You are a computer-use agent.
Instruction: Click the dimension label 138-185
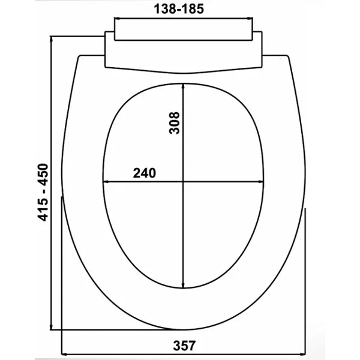(179, 9)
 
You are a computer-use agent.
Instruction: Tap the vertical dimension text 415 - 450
(43, 192)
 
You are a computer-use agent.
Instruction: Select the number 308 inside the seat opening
(174, 123)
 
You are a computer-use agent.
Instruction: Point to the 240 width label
(144, 173)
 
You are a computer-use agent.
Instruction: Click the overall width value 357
(184, 346)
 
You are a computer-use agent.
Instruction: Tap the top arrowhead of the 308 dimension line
(183, 86)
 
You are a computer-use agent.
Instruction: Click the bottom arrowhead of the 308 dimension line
(183, 285)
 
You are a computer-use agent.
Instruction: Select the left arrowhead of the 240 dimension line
(106, 182)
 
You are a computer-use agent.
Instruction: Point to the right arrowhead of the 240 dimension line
(261, 182)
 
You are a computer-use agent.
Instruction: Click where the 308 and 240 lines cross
(183, 182)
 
